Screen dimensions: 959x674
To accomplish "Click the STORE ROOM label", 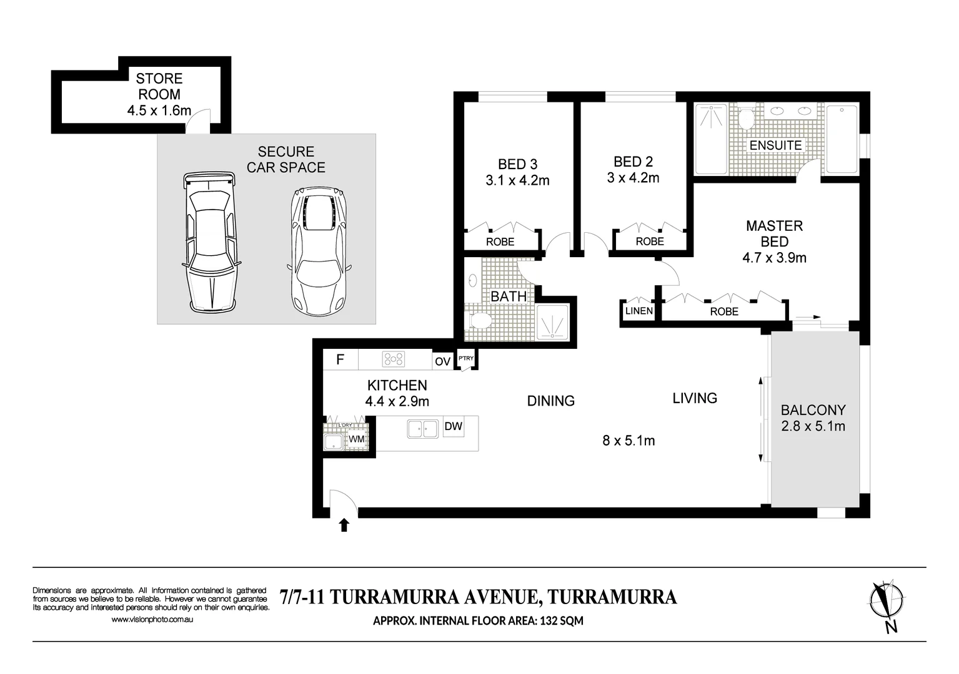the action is [x=159, y=86].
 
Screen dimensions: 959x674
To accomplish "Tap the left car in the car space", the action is [x=210, y=242].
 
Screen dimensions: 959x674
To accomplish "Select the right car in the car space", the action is [x=319, y=251].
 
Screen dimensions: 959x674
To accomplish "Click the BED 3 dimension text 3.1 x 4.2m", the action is [x=517, y=180].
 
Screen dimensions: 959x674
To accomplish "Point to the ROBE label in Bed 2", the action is [x=650, y=242].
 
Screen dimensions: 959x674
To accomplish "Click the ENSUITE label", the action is [x=775, y=145].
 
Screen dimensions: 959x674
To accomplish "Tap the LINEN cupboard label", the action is [x=639, y=311].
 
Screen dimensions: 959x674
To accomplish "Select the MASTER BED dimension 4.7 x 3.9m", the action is [x=774, y=258].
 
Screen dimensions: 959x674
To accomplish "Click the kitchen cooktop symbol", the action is [x=393, y=359].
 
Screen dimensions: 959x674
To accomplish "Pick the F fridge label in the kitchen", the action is [x=340, y=359].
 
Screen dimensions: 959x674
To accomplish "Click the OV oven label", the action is [x=442, y=361].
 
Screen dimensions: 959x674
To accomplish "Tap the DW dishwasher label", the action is [x=454, y=426].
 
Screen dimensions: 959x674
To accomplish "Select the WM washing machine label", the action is [x=356, y=439].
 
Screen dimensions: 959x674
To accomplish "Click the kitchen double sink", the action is [x=422, y=429].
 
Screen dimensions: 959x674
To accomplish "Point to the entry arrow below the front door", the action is [x=344, y=525].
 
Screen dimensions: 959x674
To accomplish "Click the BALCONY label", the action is [x=813, y=410].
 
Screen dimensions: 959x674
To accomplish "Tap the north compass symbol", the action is [x=887, y=604].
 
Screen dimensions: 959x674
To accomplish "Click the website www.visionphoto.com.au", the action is [x=152, y=619].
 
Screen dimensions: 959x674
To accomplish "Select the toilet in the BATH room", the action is [x=479, y=320].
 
